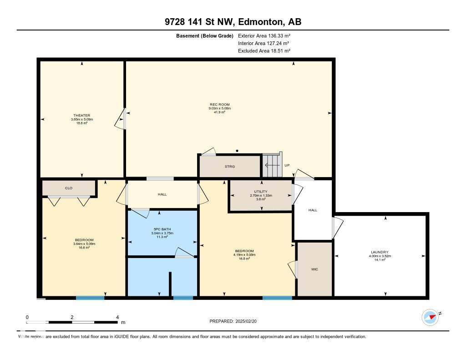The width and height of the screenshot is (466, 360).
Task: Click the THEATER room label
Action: coord(82,115)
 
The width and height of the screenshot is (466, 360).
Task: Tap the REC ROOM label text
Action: coord(220,105)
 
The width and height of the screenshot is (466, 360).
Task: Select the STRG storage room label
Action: coord(230,167)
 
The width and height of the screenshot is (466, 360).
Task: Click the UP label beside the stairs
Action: coord(287,165)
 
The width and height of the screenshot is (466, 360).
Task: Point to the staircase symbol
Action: coord(272,165)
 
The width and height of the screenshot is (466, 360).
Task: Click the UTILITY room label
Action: coord(261,192)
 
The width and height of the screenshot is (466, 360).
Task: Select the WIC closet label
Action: coord(314,269)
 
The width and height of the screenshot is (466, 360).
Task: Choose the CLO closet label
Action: coord(69,188)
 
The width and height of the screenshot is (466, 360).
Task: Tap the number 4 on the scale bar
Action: coord(117,317)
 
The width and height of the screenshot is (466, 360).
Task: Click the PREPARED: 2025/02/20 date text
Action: coord(236,321)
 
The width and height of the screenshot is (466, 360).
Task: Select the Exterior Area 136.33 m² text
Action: coord(264,35)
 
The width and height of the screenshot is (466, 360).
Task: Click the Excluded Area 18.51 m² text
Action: coord(264,51)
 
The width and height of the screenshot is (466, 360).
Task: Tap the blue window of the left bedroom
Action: coord(90,298)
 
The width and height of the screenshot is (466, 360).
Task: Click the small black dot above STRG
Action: coord(237,151)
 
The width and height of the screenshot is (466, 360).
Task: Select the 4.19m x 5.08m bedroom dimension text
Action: coord(244,255)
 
